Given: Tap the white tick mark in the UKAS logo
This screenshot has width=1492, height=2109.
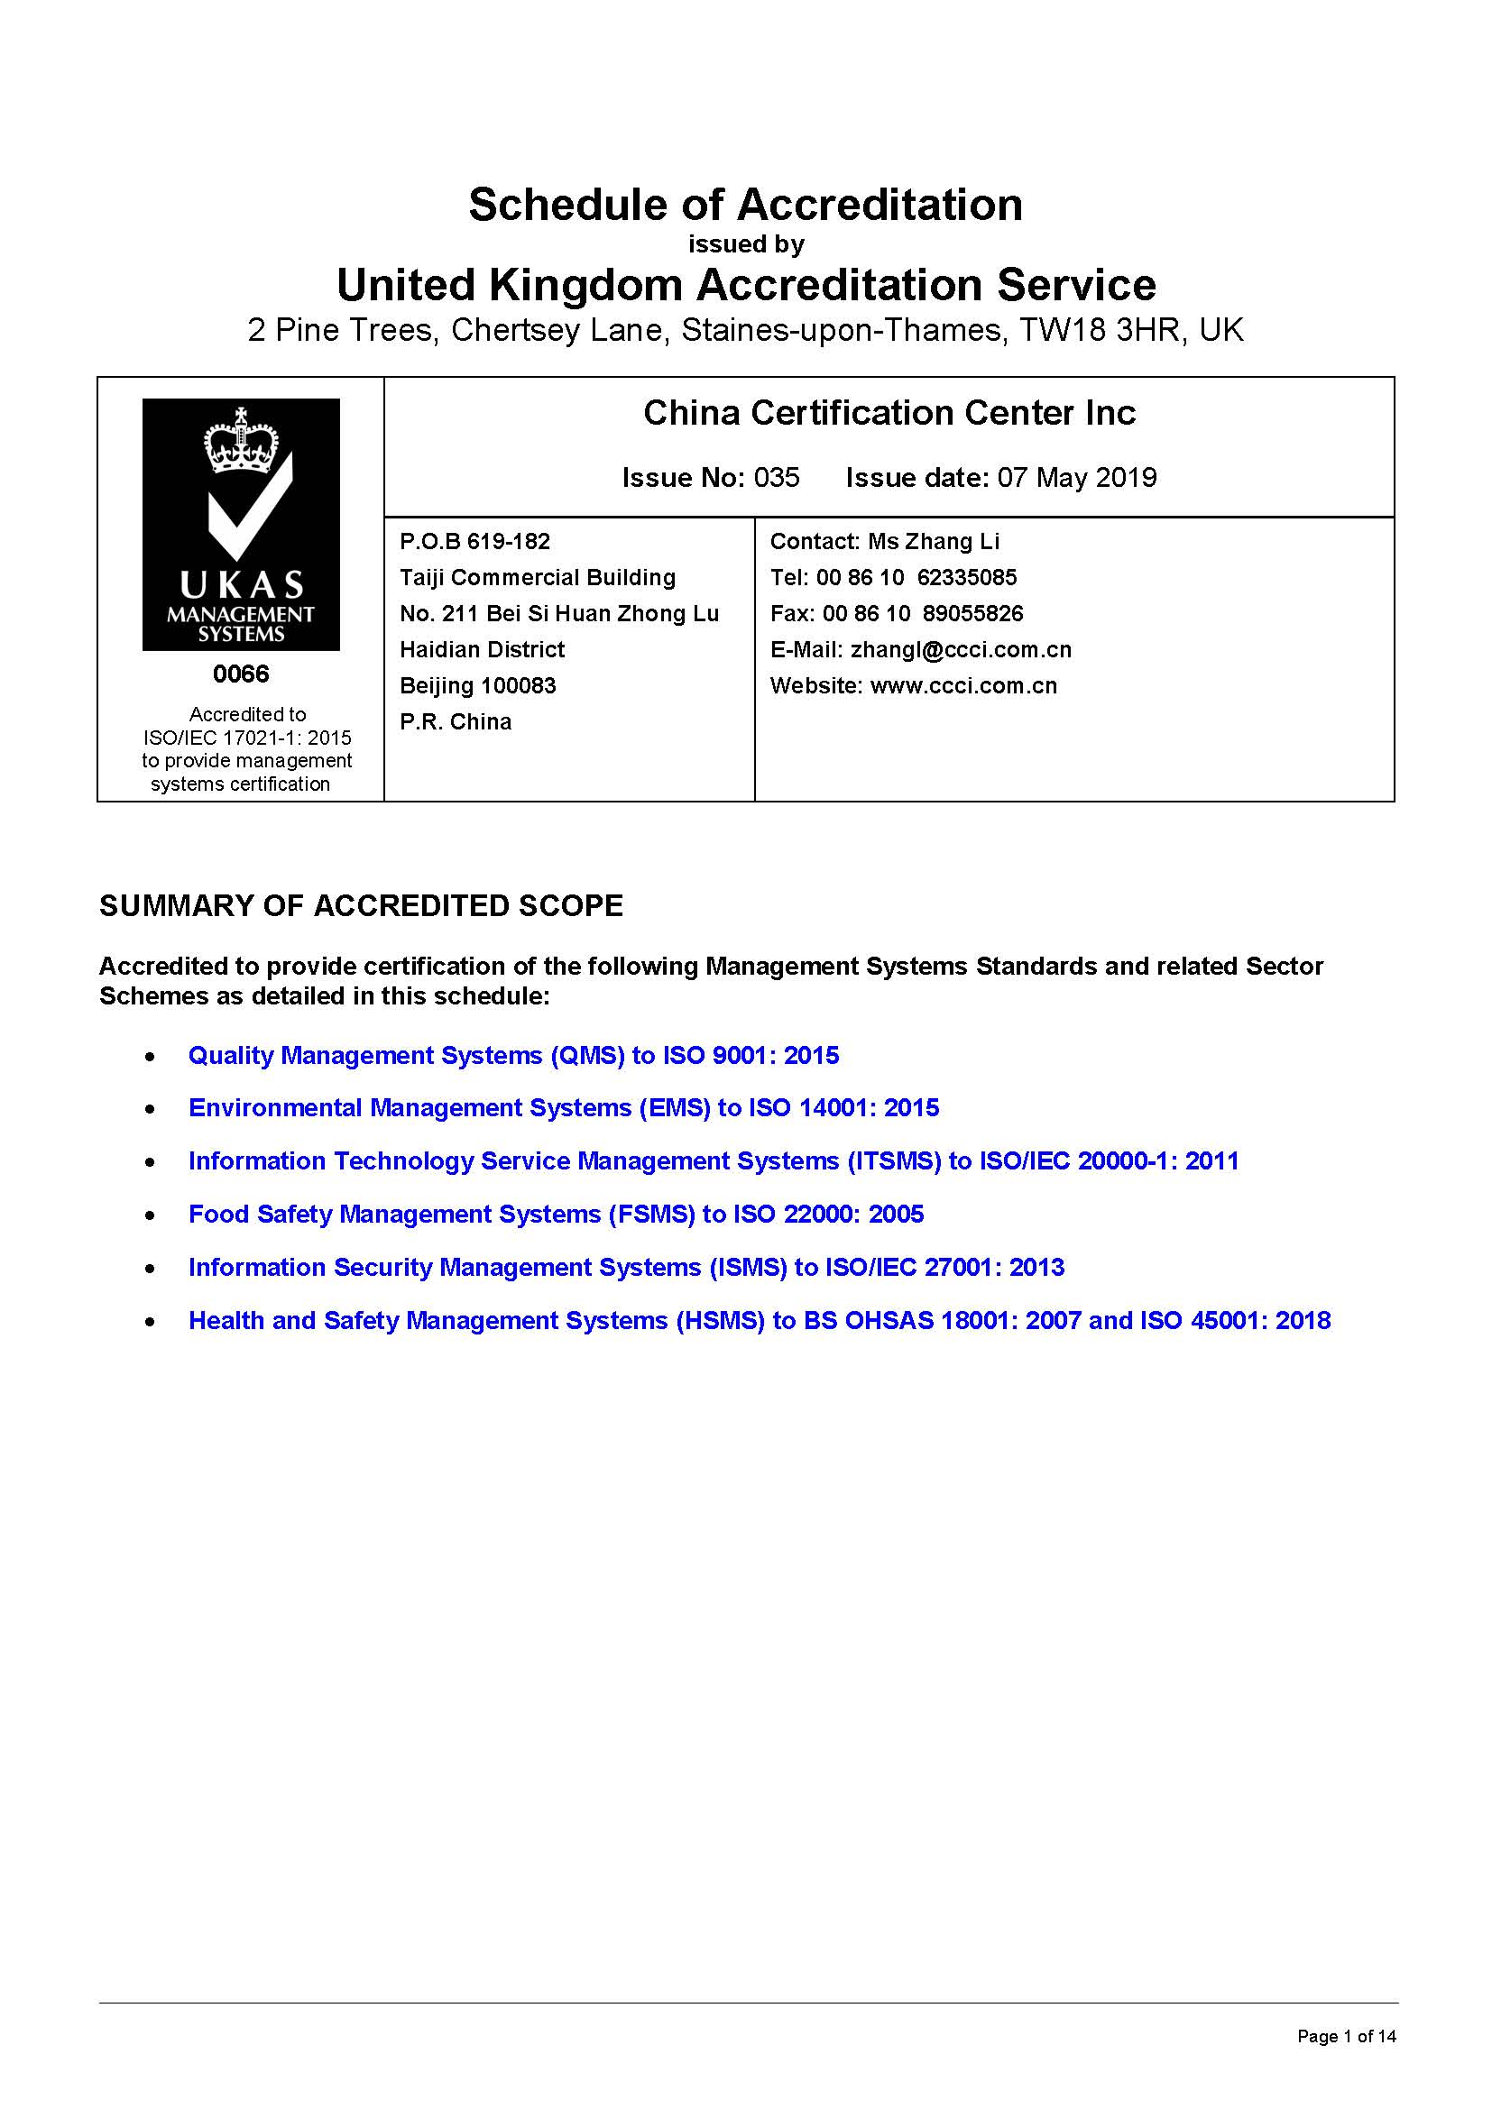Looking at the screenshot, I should tap(246, 512).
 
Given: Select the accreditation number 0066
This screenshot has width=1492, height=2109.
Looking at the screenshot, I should tap(241, 674).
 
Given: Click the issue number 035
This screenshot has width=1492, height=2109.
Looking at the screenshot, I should tap(777, 478).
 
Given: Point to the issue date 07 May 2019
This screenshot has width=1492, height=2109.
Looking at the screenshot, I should tap(1077, 478).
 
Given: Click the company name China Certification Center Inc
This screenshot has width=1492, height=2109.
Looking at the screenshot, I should tap(889, 413).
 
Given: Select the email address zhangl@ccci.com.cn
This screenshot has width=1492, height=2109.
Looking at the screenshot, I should tap(960, 650).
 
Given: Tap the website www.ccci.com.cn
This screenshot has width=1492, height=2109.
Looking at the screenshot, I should tap(962, 686).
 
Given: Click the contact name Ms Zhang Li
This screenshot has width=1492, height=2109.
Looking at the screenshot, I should tap(934, 542).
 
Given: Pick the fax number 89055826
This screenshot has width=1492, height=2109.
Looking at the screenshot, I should tap(972, 614).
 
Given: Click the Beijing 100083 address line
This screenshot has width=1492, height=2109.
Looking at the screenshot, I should tap(478, 686).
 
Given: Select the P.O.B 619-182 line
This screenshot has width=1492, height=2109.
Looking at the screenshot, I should tap(474, 542).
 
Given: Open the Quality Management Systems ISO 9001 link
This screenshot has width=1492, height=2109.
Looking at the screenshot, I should tap(512, 1056).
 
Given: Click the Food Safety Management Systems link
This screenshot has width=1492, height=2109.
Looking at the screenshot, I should tap(555, 1215).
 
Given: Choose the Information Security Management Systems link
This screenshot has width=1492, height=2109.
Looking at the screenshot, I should tap(626, 1268).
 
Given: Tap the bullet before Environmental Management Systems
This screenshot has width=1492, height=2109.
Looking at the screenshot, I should tap(150, 1110).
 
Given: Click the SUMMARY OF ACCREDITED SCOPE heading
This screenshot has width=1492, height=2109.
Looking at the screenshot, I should tap(361, 905).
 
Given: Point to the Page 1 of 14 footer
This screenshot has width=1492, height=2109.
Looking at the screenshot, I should tap(1346, 2037).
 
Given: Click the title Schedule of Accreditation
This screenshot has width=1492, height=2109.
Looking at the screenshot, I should tap(745, 205).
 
